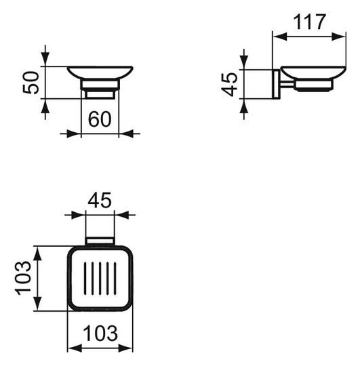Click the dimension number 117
coord(309,22)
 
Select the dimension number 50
coord(31,83)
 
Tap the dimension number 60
coord(100,119)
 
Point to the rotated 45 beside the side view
coord(229,84)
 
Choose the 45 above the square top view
coord(100,200)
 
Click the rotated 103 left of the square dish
coord(23,278)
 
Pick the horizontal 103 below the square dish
coord(100,333)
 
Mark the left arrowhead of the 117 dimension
coord(280,37)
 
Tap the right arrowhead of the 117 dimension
coord(338,37)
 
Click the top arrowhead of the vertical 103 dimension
coord(37,253)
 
